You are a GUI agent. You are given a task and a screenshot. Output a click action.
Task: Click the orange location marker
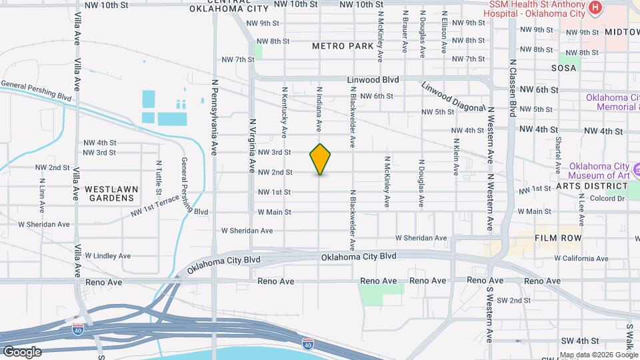point(320,159)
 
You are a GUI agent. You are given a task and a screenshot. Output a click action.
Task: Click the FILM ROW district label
point(558,238)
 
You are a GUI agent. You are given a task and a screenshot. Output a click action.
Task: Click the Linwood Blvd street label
point(373,79)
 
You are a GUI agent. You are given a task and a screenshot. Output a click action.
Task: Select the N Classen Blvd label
point(513,87)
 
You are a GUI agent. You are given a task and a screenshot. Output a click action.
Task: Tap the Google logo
point(22,351)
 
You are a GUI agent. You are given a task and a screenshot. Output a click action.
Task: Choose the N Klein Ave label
point(456,157)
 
